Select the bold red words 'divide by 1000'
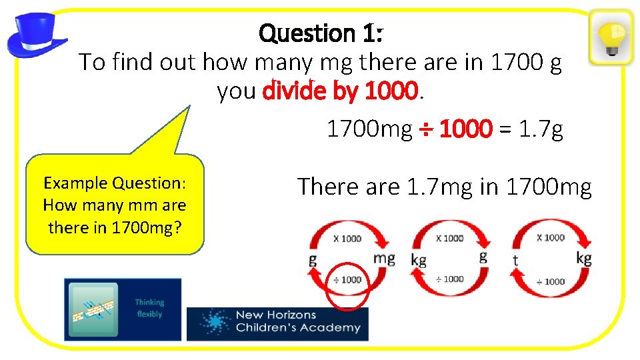click(x=341, y=91)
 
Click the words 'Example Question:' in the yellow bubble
click(x=114, y=183)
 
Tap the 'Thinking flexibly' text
click(x=149, y=308)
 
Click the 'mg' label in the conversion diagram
click(x=384, y=258)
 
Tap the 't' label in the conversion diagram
click(x=515, y=261)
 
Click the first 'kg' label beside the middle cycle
click(x=419, y=261)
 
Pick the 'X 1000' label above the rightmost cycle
click(x=550, y=237)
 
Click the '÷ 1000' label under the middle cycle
click(x=450, y=279)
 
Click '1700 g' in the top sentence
click(x=525, y=63)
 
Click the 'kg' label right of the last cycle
click(x=583, y=258)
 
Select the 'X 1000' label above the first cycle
click(x=347, y=238)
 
